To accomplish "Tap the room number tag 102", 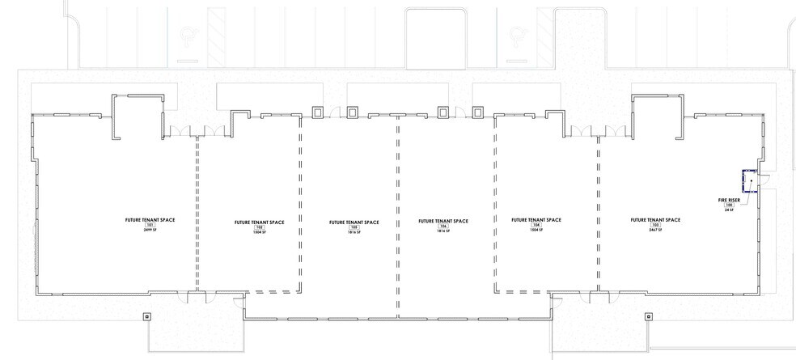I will point(259,227).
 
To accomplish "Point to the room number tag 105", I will point(354,227).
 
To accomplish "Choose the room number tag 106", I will point(443,226).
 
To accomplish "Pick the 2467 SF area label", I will point(655,231).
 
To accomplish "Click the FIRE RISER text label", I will point(729,199).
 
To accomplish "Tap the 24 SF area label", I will point(729,210).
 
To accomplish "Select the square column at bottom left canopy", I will point(146,316).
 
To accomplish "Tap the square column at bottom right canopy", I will point(648,316).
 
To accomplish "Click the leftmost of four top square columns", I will point(316,112).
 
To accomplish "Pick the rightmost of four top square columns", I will point(478,112).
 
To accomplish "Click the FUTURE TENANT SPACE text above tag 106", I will point(443,220).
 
